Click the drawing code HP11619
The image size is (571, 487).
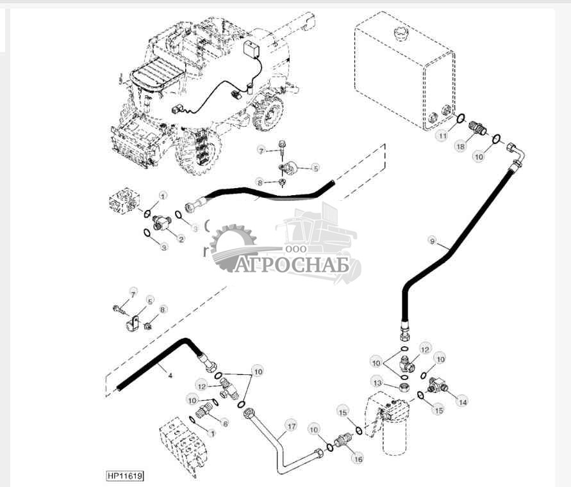(124, 476)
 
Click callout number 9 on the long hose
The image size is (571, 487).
(433, 241)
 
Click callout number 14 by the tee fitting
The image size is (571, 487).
(461, 401)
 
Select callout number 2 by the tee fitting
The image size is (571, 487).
(181, 239)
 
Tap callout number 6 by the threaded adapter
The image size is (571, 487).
(225, 423)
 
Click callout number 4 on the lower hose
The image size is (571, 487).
(170, 376)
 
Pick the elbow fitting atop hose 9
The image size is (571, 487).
(516, 154)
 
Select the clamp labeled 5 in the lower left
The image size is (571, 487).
(133, 321)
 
